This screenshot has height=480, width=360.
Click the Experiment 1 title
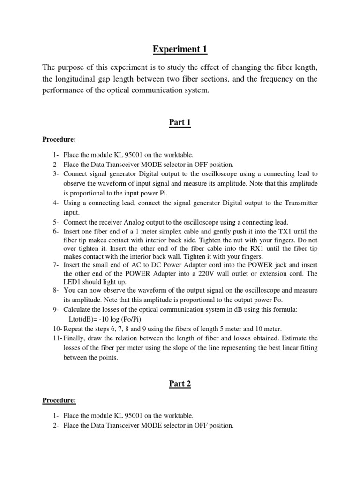180,49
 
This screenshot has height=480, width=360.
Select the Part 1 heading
180,123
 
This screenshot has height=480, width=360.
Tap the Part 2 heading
180,384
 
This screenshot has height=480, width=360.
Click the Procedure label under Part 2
59,400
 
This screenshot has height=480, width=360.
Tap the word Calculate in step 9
79,310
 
